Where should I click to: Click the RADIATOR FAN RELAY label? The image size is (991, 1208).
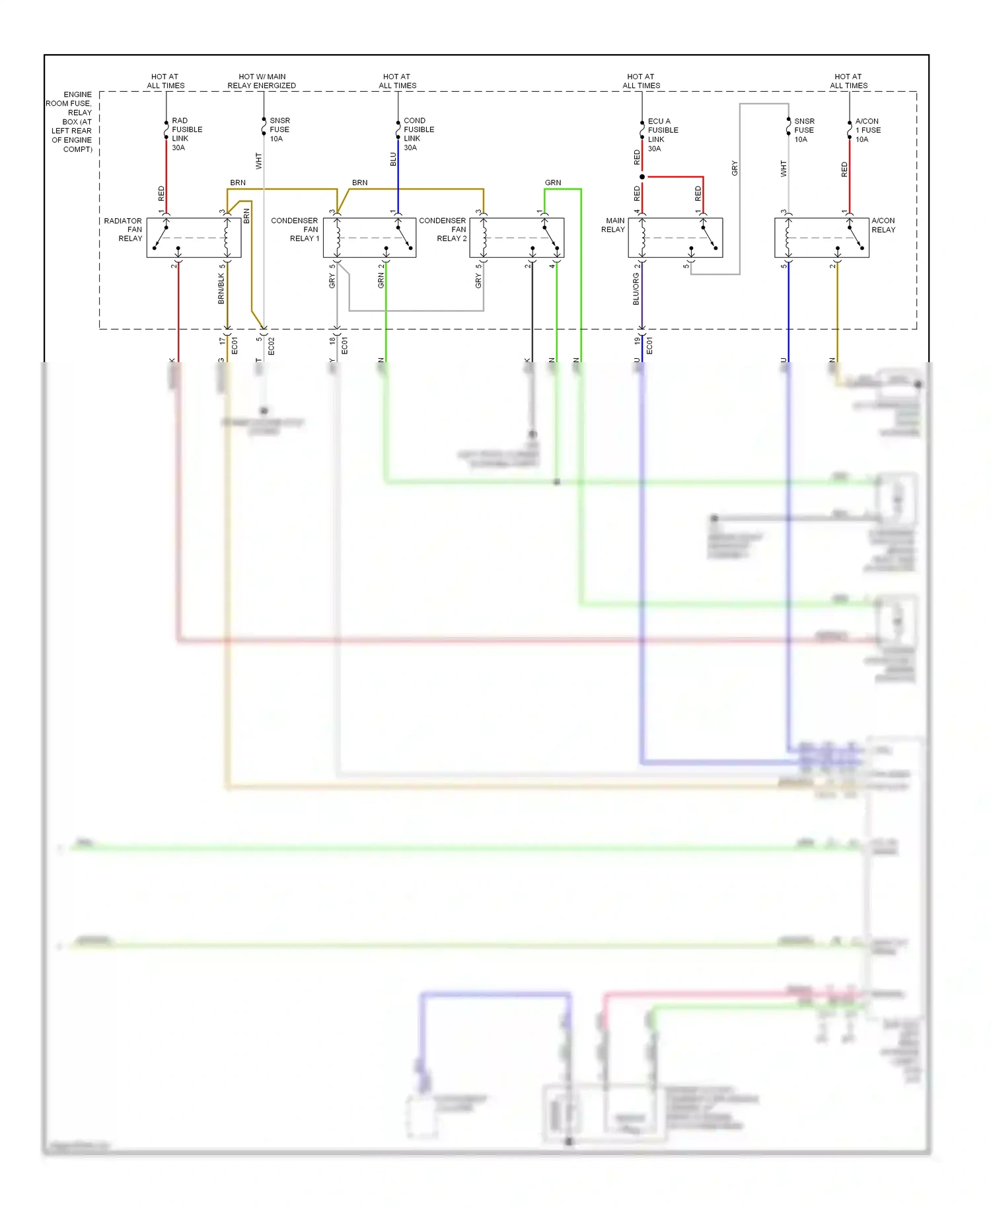pos(124,229)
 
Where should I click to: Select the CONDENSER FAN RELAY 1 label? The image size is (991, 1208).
pos(295,229)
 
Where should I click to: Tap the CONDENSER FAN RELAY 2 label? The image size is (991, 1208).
pos(443,229)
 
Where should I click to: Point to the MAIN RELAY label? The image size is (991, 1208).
pos(613,225)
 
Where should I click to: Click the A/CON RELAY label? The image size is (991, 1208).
pos(883,225)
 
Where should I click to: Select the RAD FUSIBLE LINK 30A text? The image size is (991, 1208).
pos(186,134)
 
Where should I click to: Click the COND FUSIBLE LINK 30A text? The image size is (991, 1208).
pos(418,134)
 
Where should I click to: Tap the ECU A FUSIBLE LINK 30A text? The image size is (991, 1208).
pos(662,135)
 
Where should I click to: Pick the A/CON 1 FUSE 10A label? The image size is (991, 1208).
pos(867,130)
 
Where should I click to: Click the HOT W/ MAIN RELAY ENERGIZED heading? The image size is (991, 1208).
pos(262,81)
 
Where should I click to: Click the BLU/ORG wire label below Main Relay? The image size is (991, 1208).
pos(636,290)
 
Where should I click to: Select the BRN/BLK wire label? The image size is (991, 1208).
pos(221,289)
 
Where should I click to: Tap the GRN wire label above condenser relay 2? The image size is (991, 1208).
pos(553,182)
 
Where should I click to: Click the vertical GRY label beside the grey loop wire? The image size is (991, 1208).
pos(734,168)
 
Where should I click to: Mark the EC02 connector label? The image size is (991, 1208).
pos(271,346)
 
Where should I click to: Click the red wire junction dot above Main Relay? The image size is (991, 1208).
pos(642,177)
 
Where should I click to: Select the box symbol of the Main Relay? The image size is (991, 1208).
pos(675,238)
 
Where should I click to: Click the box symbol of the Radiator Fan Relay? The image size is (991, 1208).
pos(194,238)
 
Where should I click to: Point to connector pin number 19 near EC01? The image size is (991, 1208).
pos(637,341)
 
